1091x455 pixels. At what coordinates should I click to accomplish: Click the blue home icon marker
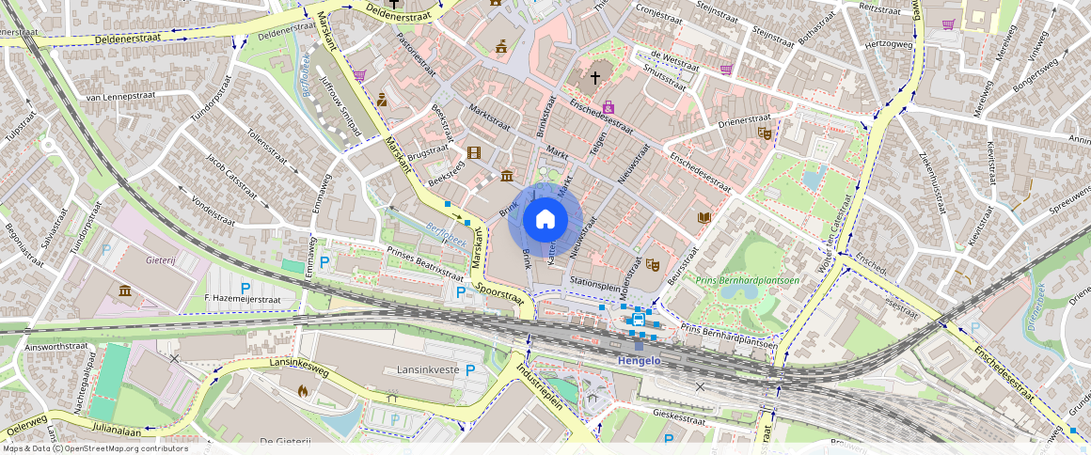(545, 220)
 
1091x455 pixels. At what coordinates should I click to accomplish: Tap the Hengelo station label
(639, 360)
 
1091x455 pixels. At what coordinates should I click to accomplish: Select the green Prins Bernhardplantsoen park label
(747, 279)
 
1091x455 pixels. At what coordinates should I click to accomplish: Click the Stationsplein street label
(595, 280)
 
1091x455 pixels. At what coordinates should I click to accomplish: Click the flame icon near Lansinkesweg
(303, 388)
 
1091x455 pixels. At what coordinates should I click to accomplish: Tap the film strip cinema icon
(474, 152)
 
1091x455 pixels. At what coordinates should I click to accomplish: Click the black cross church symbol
(594, 77)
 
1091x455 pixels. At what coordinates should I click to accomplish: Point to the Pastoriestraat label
(418, 57)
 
